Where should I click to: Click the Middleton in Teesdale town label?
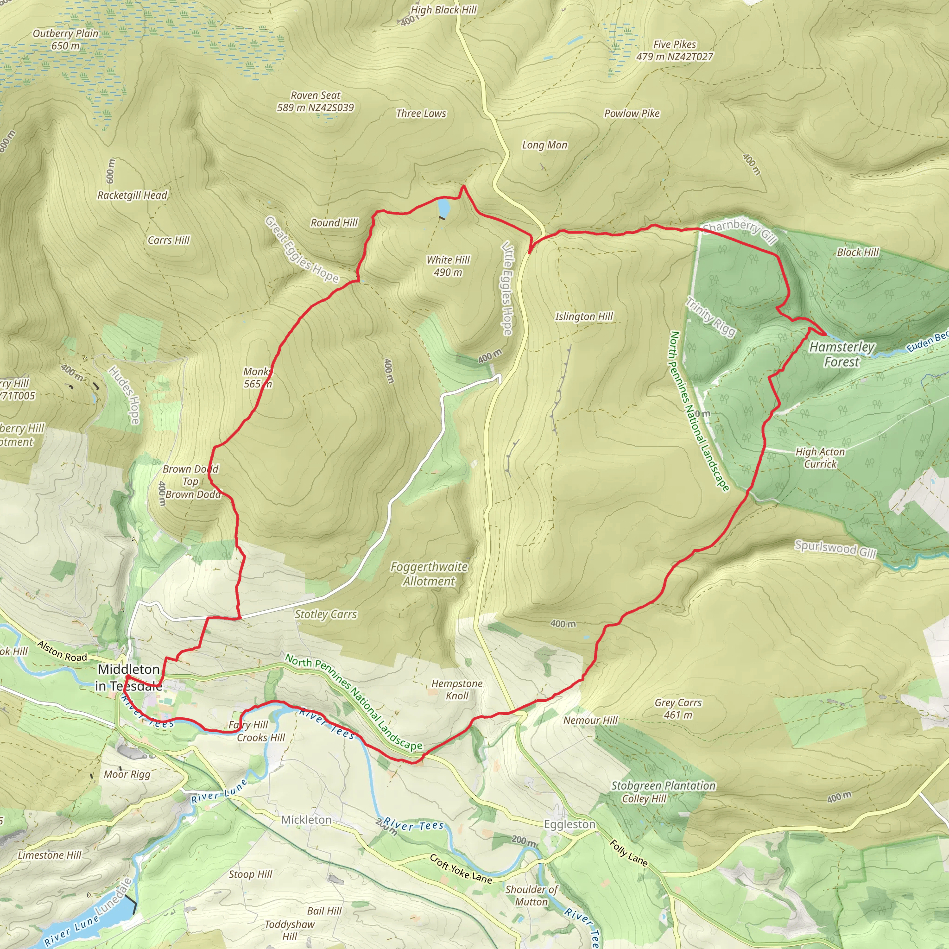(x=129, y=677)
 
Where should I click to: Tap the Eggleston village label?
(x=569, y=824)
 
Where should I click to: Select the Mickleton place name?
(x=306, y=820)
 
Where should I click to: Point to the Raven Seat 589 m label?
(x=316, y=101)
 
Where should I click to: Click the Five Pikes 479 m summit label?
(x=674, y=51)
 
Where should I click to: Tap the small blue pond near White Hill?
(x=443, y=207)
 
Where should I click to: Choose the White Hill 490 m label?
(x=448, y=266)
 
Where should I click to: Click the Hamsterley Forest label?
(x=842, y=354)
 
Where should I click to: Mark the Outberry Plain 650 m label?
(x=66, y=39)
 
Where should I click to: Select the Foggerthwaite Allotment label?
(x=429, y=574)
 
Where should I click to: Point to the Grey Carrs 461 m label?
(x=678, y=709)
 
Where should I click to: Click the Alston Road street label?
(x=63, y=651)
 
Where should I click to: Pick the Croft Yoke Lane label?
(x=461, y=869)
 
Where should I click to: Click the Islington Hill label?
(x=584, y=316)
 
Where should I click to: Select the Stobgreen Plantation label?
(x=663, y=785)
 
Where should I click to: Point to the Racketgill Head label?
(x=133, y=195)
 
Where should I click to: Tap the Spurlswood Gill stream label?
(x=835, y=549)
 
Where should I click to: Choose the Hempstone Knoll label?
(x=457, y=689)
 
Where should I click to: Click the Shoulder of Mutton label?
(x=531, y=895)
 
